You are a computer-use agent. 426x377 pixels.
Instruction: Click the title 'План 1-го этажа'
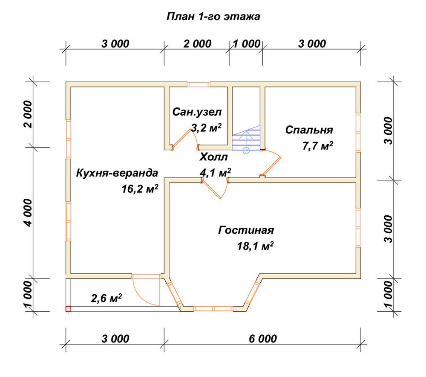[213, 17]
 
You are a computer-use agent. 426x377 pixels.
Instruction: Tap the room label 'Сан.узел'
[197, 112]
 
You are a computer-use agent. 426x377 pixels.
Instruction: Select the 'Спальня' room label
[309, 130]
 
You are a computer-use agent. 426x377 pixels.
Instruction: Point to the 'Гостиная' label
[246, 230]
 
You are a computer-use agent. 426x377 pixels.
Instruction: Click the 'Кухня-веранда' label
[117, 173]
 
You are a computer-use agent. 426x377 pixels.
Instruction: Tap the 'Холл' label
[213, 157]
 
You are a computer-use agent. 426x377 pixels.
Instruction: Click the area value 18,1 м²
[255, 246]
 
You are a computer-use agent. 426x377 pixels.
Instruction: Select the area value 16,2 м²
[140, 189]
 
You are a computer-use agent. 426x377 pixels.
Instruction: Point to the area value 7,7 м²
[318, 146]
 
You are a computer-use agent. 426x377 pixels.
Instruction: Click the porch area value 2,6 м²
[106, 299]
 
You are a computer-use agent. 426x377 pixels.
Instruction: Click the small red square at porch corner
[68, 309]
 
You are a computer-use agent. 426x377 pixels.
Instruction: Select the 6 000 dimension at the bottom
[263, 339]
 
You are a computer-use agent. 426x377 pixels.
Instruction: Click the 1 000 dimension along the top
[247, 44]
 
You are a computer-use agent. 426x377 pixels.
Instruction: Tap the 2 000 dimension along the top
[197, 44]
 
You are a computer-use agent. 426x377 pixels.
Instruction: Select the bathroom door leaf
[181, 139]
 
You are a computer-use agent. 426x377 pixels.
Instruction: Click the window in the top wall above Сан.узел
[199, 84]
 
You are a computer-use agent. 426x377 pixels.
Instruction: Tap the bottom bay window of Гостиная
[213, 309]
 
